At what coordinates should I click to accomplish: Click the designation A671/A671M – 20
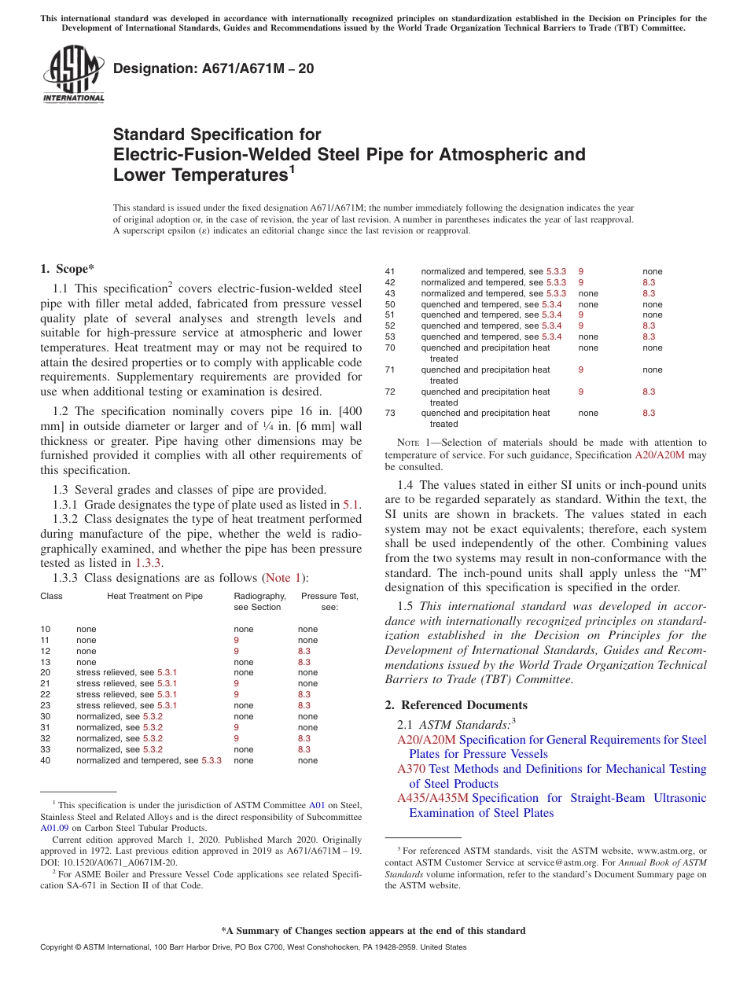coord(214,68)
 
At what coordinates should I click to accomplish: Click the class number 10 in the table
coord(46,629)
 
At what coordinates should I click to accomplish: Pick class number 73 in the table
coord(390,413)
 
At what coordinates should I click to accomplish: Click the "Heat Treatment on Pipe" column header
coord(155,596)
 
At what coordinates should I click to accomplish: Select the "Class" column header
coord(51,596)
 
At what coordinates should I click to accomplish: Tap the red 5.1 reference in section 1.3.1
coord(351,505)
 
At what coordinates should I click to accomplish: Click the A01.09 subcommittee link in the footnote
coord(54,827)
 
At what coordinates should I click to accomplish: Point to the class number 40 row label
coord(46,760)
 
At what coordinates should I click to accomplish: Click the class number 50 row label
coord(390,304)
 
